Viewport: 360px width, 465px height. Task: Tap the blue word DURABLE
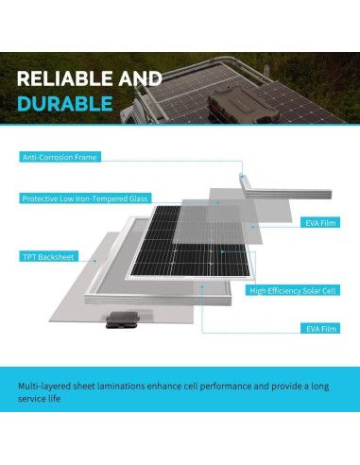pyautogui.click(x=64, y=102)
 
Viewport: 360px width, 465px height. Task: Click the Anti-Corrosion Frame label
pyautogui.click(x=60, y=156)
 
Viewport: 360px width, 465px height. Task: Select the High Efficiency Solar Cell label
pyautogui.click(x=291, y=292)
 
